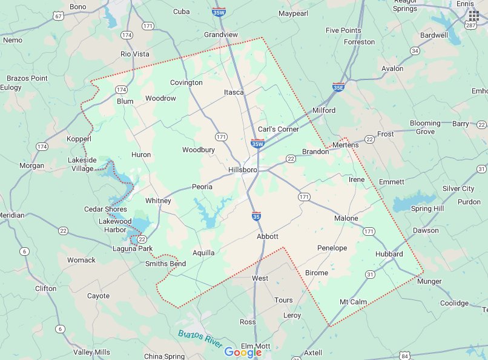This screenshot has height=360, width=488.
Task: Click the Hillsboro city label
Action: (243, 170)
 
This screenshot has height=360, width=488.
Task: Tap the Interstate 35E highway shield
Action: (339, 87)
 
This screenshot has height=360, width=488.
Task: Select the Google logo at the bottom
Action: (243, 352)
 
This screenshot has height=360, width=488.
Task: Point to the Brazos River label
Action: (199, 338)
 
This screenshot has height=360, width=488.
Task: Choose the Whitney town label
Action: (158, 201)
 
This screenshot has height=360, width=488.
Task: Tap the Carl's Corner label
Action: (279, 129)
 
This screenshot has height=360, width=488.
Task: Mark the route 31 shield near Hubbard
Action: (369, 275)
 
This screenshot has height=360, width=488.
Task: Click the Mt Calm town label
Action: (353, 302)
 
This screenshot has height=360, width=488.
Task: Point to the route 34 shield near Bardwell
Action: (415, 51)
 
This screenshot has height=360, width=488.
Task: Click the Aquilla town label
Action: (203, 253)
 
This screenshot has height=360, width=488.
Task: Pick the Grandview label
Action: (220, 35)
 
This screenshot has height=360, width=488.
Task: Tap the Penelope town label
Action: (332, 248)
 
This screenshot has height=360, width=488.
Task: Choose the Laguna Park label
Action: (133, 249)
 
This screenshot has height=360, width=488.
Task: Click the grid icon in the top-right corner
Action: (473, 15)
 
